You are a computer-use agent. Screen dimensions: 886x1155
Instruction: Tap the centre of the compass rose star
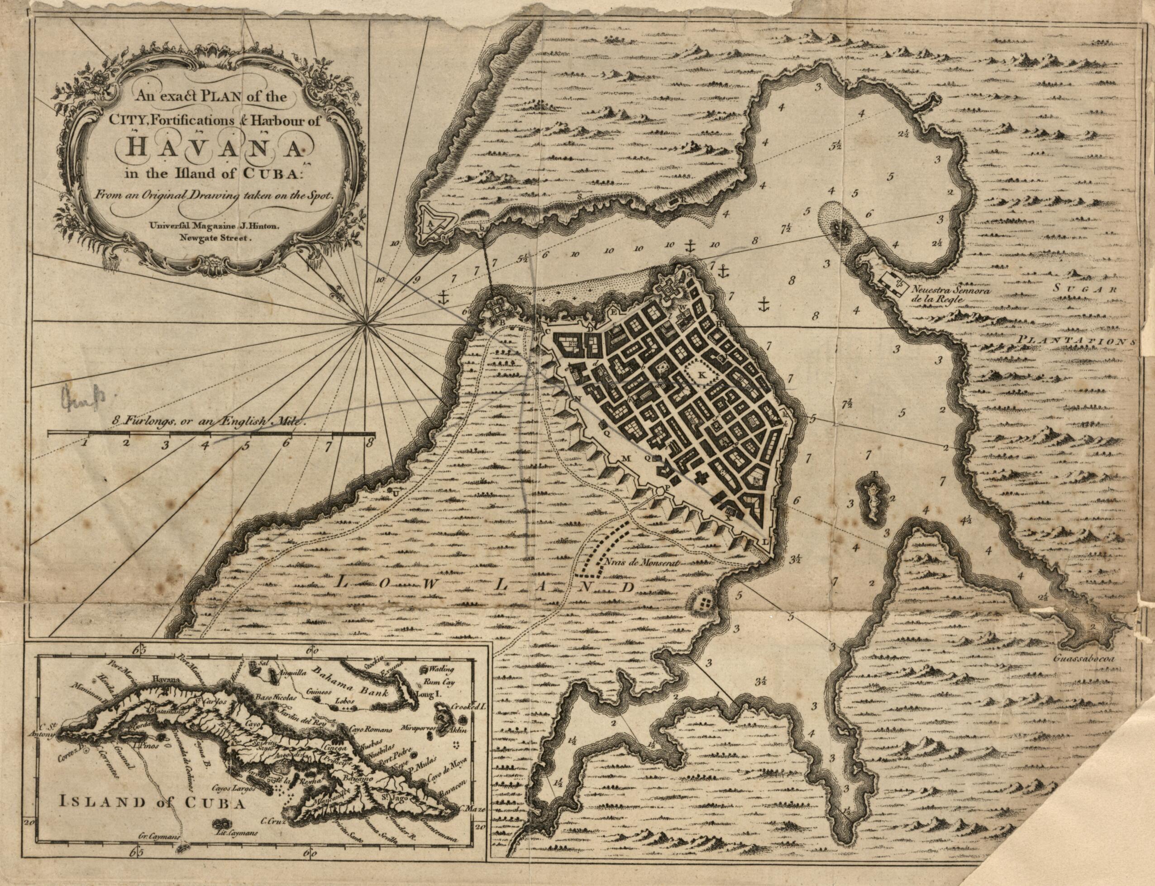pyautogui.click(x=366, y=328)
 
